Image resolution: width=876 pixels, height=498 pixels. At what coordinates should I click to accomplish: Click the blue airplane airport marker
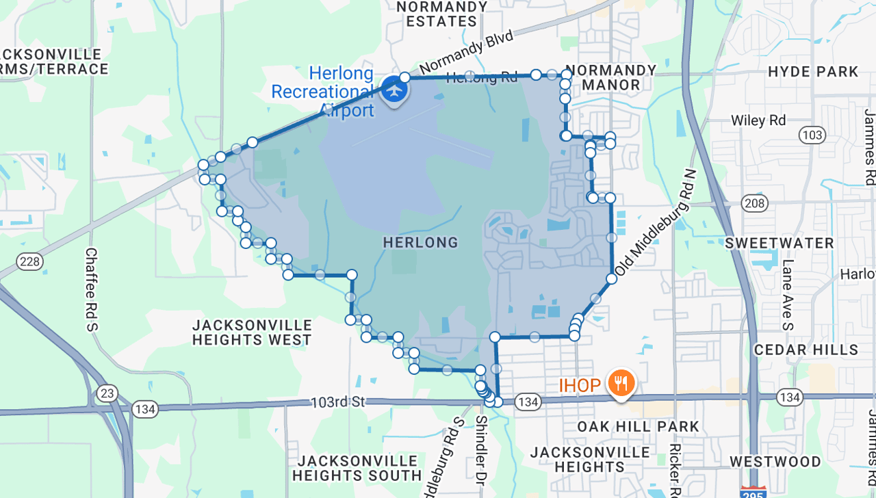click(x=394, y=89)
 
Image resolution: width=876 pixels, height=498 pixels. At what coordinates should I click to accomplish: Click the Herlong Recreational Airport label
click(x=323, y=92)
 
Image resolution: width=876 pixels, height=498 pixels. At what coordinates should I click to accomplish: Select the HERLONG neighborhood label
click(x=420, y=243)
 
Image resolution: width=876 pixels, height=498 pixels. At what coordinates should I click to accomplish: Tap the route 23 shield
click(x=106, y=393)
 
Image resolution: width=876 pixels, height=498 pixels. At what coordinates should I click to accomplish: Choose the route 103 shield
click(x=812, y=135)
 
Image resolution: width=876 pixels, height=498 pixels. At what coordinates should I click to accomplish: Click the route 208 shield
click(x=755, y=202)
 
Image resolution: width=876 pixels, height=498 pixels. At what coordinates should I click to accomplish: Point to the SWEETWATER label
click(x=780, y=244)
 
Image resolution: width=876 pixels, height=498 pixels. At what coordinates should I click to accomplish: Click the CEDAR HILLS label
click(x=806, y=350)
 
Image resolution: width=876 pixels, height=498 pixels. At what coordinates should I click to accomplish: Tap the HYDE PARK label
click(x=813, y=72)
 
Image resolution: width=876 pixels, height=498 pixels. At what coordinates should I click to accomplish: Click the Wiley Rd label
click(x=758, y=120)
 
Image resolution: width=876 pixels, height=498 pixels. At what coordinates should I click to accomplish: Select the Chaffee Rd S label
click(x=92, y=289)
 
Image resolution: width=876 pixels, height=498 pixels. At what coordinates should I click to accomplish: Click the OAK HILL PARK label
click(x=638, y=427)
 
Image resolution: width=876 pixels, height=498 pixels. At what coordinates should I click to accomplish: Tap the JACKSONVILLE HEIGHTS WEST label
click(x=252, y=332)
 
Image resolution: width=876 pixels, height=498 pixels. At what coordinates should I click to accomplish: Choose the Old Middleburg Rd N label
click(x=654, y=224)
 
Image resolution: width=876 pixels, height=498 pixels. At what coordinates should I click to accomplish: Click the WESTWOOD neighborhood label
click(x=775, y=462)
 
